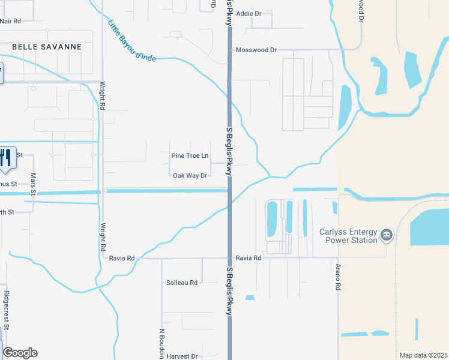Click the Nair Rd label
tap(11, 21)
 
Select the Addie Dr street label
tap(249, 13)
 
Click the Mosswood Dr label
tap(256, 50)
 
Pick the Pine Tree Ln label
tap(190, 156)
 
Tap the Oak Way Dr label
tap(190, 176)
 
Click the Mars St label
tap(34, 184)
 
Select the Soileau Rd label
tap(182, 283)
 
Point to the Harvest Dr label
tap(182, 356)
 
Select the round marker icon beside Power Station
tap(387, 235)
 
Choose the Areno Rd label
tap(339, 277)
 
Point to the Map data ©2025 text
tap(423, 355)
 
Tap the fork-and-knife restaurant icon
tap(5, 158)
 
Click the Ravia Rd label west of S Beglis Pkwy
tap(122, 258)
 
